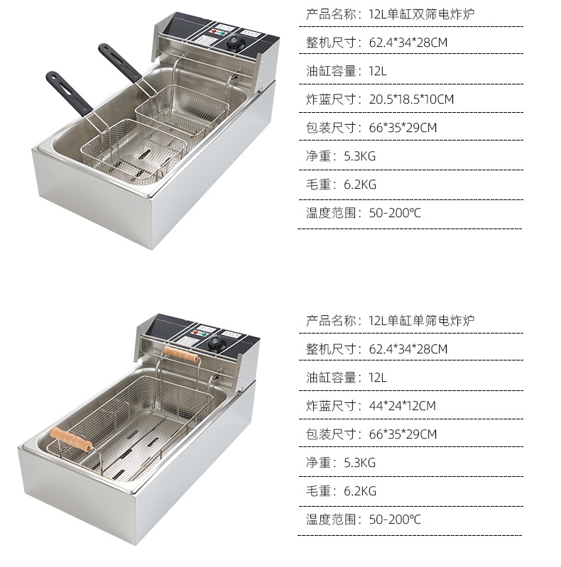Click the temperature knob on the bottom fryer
pyautogui.click(x=217, y=344)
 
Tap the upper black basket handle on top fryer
pyautogui.click(x=120, y=62)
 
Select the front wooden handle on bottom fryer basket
pyautogui.click(x=71, y=439)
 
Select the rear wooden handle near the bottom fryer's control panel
pyautogui.click(x=181, y=353)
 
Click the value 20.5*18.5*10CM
pyautogui.click(x=411, y=99)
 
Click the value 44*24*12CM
pyautogui.click(x=402, y=406)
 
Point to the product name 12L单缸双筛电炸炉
pyautogui.click(x=422, y=14)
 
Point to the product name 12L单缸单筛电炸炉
pyautogui.click(x=422, y=321)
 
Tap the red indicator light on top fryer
pyautogui.click(x=214, y=31)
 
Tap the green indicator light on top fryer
pyautogui.click(x=222, y=33)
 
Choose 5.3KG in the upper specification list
pyautogui.click(x=360, y=156)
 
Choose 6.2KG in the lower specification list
pyautogui.click(x=360, y=491)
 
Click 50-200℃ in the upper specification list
pyautogui.click(x=395, y=213)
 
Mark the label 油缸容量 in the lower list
pyautogui.click(x=331, y=378)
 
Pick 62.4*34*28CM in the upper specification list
pyautogui.click(x=408, y=43)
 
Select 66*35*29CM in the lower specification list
pyautogui.click(x=403, y=434)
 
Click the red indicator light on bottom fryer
pyautogui.click(x=196, y=332)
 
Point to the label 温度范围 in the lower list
pyautogui.click(x=331, y=519)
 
